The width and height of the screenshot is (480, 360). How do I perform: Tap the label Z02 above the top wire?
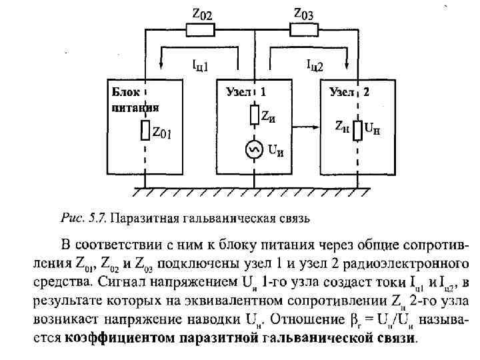(202, 13)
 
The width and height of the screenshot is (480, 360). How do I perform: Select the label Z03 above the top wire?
(305, 13)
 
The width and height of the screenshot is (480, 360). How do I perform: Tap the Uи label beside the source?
(275, 151)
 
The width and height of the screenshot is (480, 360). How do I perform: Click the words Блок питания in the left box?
(135, 99)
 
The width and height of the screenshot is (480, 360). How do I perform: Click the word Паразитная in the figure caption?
(142, 218)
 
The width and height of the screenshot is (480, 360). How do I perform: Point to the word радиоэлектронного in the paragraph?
(407, 257)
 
